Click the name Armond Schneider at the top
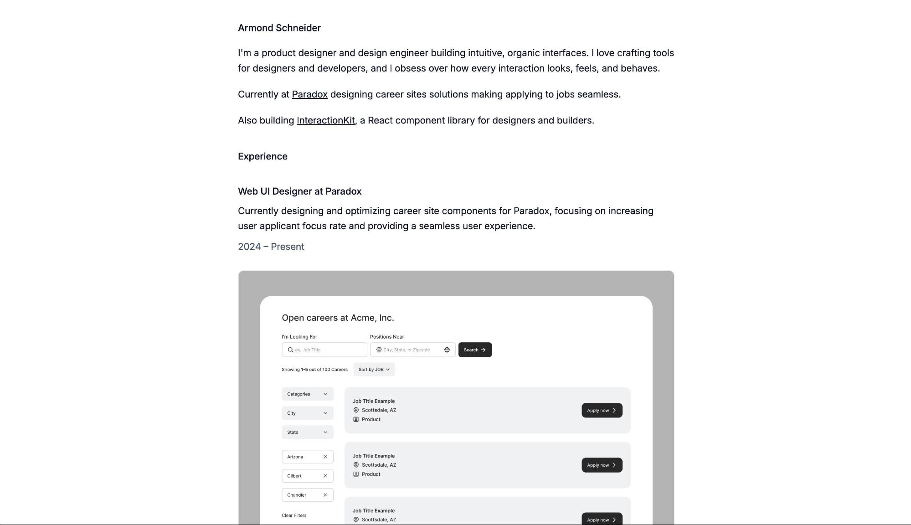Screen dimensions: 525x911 pyautogui.click(x=279, y=28)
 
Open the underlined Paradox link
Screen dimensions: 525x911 pyautogui.click(x=309, y=94)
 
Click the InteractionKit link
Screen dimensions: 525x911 pyautogui.click(x=325, y=120)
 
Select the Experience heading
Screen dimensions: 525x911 pyautogui.click(x=262, y=156)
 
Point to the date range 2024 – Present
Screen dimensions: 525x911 pyautogui.click(x=271, y=247)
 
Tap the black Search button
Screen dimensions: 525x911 pyautogui.click(x=474, y=350)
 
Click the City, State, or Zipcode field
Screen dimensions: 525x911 pyautogui.click(x=408, y=350)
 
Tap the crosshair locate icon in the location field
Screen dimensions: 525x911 pyautogui.click(x=447, y=350)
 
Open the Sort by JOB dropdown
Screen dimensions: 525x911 pyautogui.click(x=374, y=370)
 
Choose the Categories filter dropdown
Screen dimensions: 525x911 pyautogui.click(x=307, y=394)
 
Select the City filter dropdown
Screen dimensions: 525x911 pyautogui.click(x=307, y=413)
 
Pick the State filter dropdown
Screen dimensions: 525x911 pyautogui.click(x=307, y=432)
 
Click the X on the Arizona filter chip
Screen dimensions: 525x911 pyautogui.click(x=325, y=457)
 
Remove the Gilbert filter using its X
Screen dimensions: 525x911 pyautogui.click(x=325, y=476)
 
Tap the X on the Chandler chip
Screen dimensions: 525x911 pyautogui.click(x=325, y=495)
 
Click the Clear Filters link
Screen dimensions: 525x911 pyautogui.click(x=294, y=515)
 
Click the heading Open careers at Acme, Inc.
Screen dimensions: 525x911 pyautogui.click(x=338, y=318)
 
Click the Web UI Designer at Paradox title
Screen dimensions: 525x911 pyautogui.click(x=299, y=191)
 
